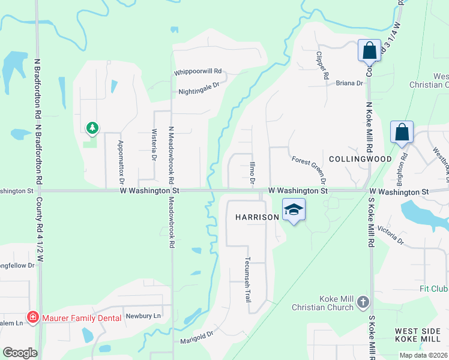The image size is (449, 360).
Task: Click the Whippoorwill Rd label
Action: pos(198,72)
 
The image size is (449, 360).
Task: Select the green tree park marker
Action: pos(92,128)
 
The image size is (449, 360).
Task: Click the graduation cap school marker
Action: pos(294,209)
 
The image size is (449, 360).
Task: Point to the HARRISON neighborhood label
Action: pos(257,217)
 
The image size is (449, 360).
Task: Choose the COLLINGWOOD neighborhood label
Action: pos(360,159)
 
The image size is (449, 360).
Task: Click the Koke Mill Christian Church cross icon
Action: pos(363,302)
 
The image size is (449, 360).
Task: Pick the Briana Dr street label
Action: pos(349,83)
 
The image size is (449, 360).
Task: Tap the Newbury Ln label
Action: pos(143,316)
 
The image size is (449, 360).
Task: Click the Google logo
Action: pos(20,353)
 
